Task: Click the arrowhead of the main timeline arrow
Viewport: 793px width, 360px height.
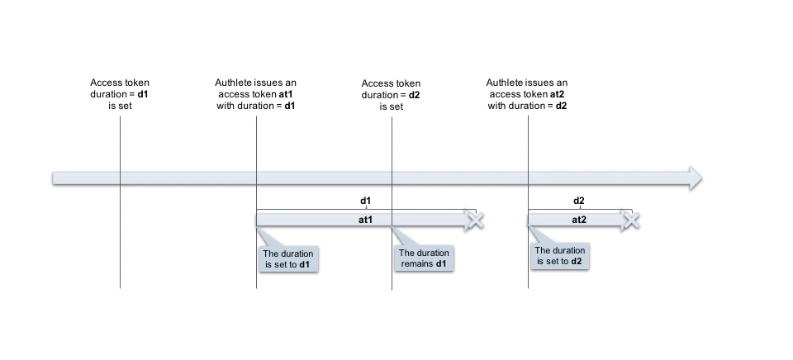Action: [694, 178]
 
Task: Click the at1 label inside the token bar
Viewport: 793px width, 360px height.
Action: [365, 220]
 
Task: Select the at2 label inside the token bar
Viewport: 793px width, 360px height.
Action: [579, 220]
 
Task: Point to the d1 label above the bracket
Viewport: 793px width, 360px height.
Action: [365, 201]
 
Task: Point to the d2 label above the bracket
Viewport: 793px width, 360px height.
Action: [579, 201]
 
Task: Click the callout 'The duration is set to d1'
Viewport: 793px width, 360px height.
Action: [287, 259]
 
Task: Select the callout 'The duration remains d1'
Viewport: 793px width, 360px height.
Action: [424, 258]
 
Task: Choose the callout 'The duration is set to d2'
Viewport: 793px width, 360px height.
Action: [560, 256]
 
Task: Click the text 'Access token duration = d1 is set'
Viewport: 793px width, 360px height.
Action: [120, 94]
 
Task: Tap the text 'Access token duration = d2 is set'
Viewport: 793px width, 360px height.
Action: [391, 94]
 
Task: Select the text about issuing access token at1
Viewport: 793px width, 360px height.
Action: [255, 94]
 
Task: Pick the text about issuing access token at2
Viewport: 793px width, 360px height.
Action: [527, 94]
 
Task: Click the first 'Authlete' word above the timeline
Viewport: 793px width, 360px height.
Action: [233, 83]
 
